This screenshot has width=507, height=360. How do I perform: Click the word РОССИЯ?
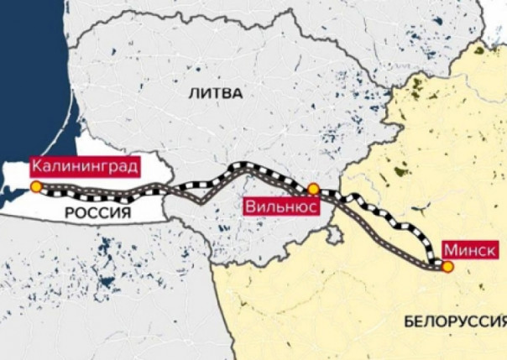(99, 213)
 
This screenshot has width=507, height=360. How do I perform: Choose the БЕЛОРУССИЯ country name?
(454, 321)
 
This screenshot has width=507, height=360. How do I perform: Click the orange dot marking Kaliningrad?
(36, 186)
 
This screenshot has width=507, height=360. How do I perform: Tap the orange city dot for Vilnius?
(313, 190)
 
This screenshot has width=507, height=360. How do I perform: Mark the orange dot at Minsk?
(447, 267)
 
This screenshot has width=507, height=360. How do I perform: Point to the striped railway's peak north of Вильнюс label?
(243, 166)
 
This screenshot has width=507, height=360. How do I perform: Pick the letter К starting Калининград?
(35, 167)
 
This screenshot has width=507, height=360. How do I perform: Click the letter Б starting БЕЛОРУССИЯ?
(408, 321)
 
